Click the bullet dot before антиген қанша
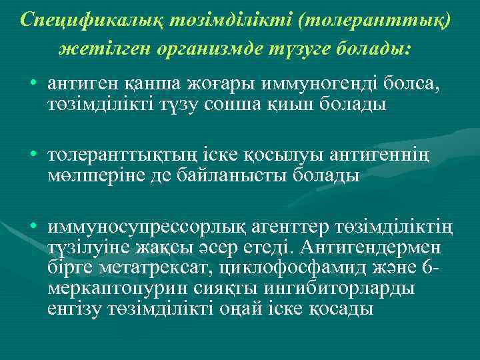point(33,86)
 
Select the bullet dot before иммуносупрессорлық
point(33,228)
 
